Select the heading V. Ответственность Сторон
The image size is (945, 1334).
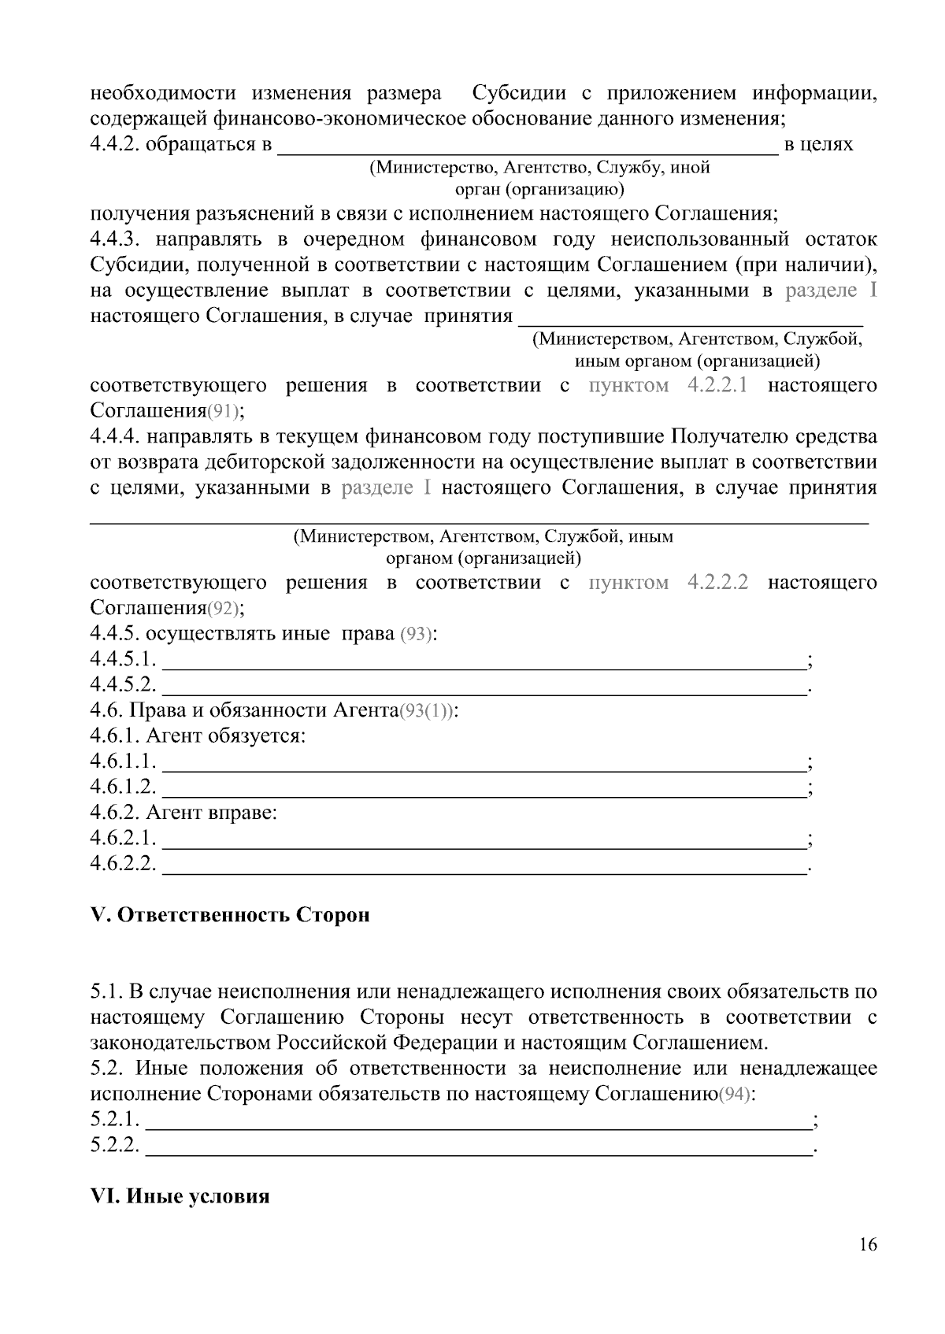coord(230,915)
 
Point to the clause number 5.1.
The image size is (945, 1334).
coord(106,991)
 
